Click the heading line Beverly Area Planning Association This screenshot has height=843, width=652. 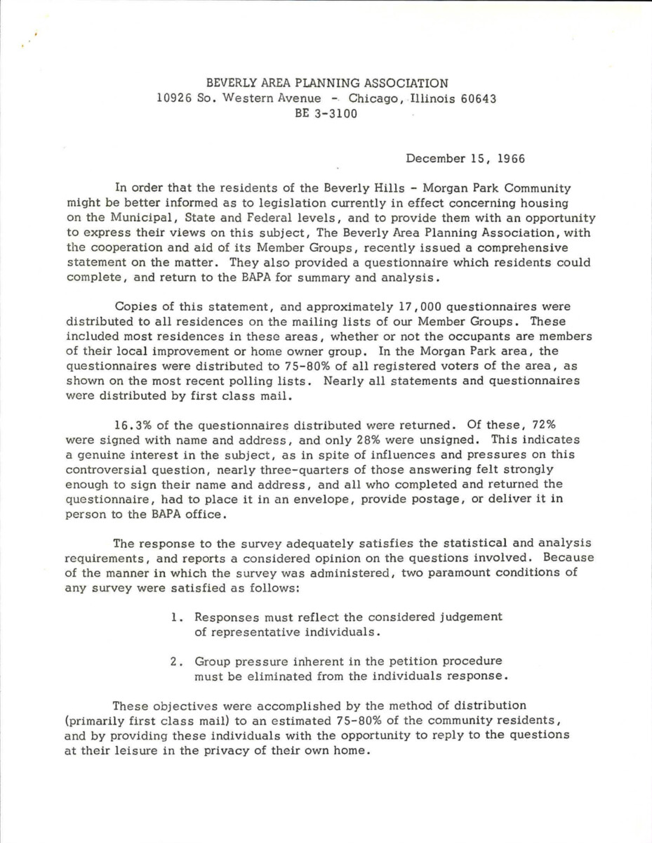pyautogui.click(x=326, y=84)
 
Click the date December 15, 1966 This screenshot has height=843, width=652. pyautogui.click(x=466, y=159)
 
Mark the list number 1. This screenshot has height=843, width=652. pyautogui.click(x=176, y=617)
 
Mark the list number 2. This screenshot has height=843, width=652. pyautogui.click(x=176, y=661)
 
